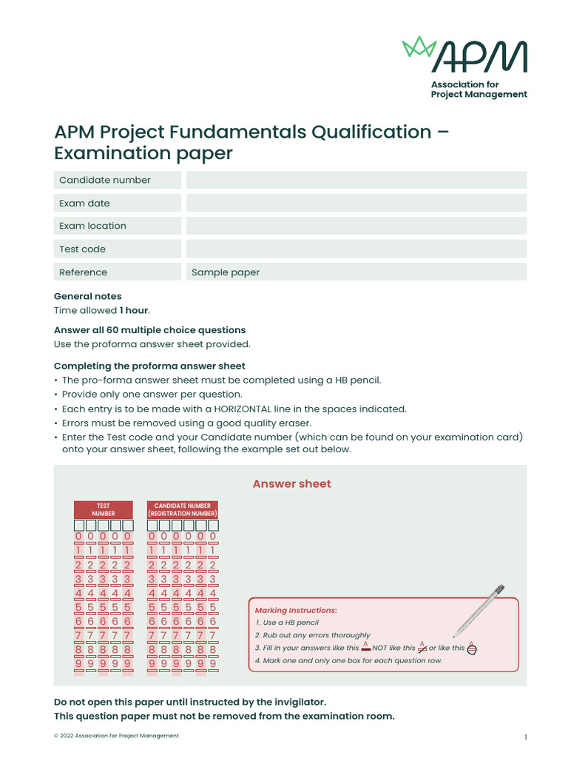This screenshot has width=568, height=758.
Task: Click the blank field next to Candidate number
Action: [356, 180]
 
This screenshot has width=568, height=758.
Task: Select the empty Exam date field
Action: [356, 203]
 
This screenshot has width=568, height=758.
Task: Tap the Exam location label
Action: [92, 226]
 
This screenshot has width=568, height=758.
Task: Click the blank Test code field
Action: [356, 249]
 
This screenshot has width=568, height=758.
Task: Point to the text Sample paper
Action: [226, 272]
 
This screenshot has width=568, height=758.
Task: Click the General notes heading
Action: [88, 296]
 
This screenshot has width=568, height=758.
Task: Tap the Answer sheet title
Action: [291, 483]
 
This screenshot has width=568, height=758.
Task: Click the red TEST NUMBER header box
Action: [103, 509]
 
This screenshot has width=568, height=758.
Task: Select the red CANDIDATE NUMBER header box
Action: [183, 509]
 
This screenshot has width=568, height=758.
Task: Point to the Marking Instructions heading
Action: [296, 610]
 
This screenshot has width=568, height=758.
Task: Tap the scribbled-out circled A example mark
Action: [473, 648]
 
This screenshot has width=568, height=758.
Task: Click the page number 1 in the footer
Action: [525, 737]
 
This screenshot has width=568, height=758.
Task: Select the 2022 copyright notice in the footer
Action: [116, 736]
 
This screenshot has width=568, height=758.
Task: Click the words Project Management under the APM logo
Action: [479, 95]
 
